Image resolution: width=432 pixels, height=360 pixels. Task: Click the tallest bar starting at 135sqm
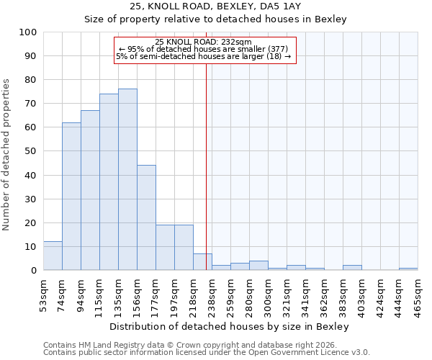127,179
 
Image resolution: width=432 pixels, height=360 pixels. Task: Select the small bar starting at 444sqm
408,269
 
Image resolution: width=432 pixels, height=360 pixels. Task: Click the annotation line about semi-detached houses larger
203,56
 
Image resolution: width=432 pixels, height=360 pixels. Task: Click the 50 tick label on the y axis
31,151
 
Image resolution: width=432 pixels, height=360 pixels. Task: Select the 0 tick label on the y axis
34,270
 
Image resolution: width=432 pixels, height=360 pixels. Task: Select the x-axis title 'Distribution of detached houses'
230,326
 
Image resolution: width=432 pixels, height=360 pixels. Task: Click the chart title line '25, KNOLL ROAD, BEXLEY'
215,6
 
